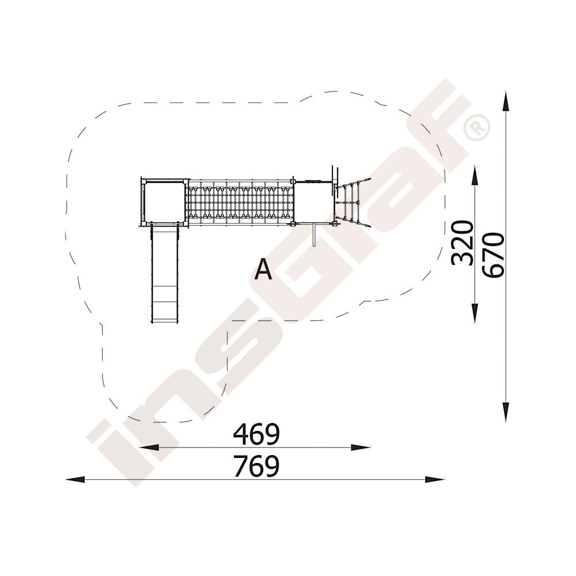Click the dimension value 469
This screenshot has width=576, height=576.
coord(256,434)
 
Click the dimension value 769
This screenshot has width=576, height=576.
coord(256,466)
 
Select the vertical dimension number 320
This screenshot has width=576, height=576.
coord(462,243)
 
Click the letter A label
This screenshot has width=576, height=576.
coord(263,269)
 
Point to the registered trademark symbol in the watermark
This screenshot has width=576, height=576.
coord(476,128)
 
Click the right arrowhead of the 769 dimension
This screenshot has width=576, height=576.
coord(434,479)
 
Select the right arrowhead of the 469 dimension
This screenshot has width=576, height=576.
coord(361,448)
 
